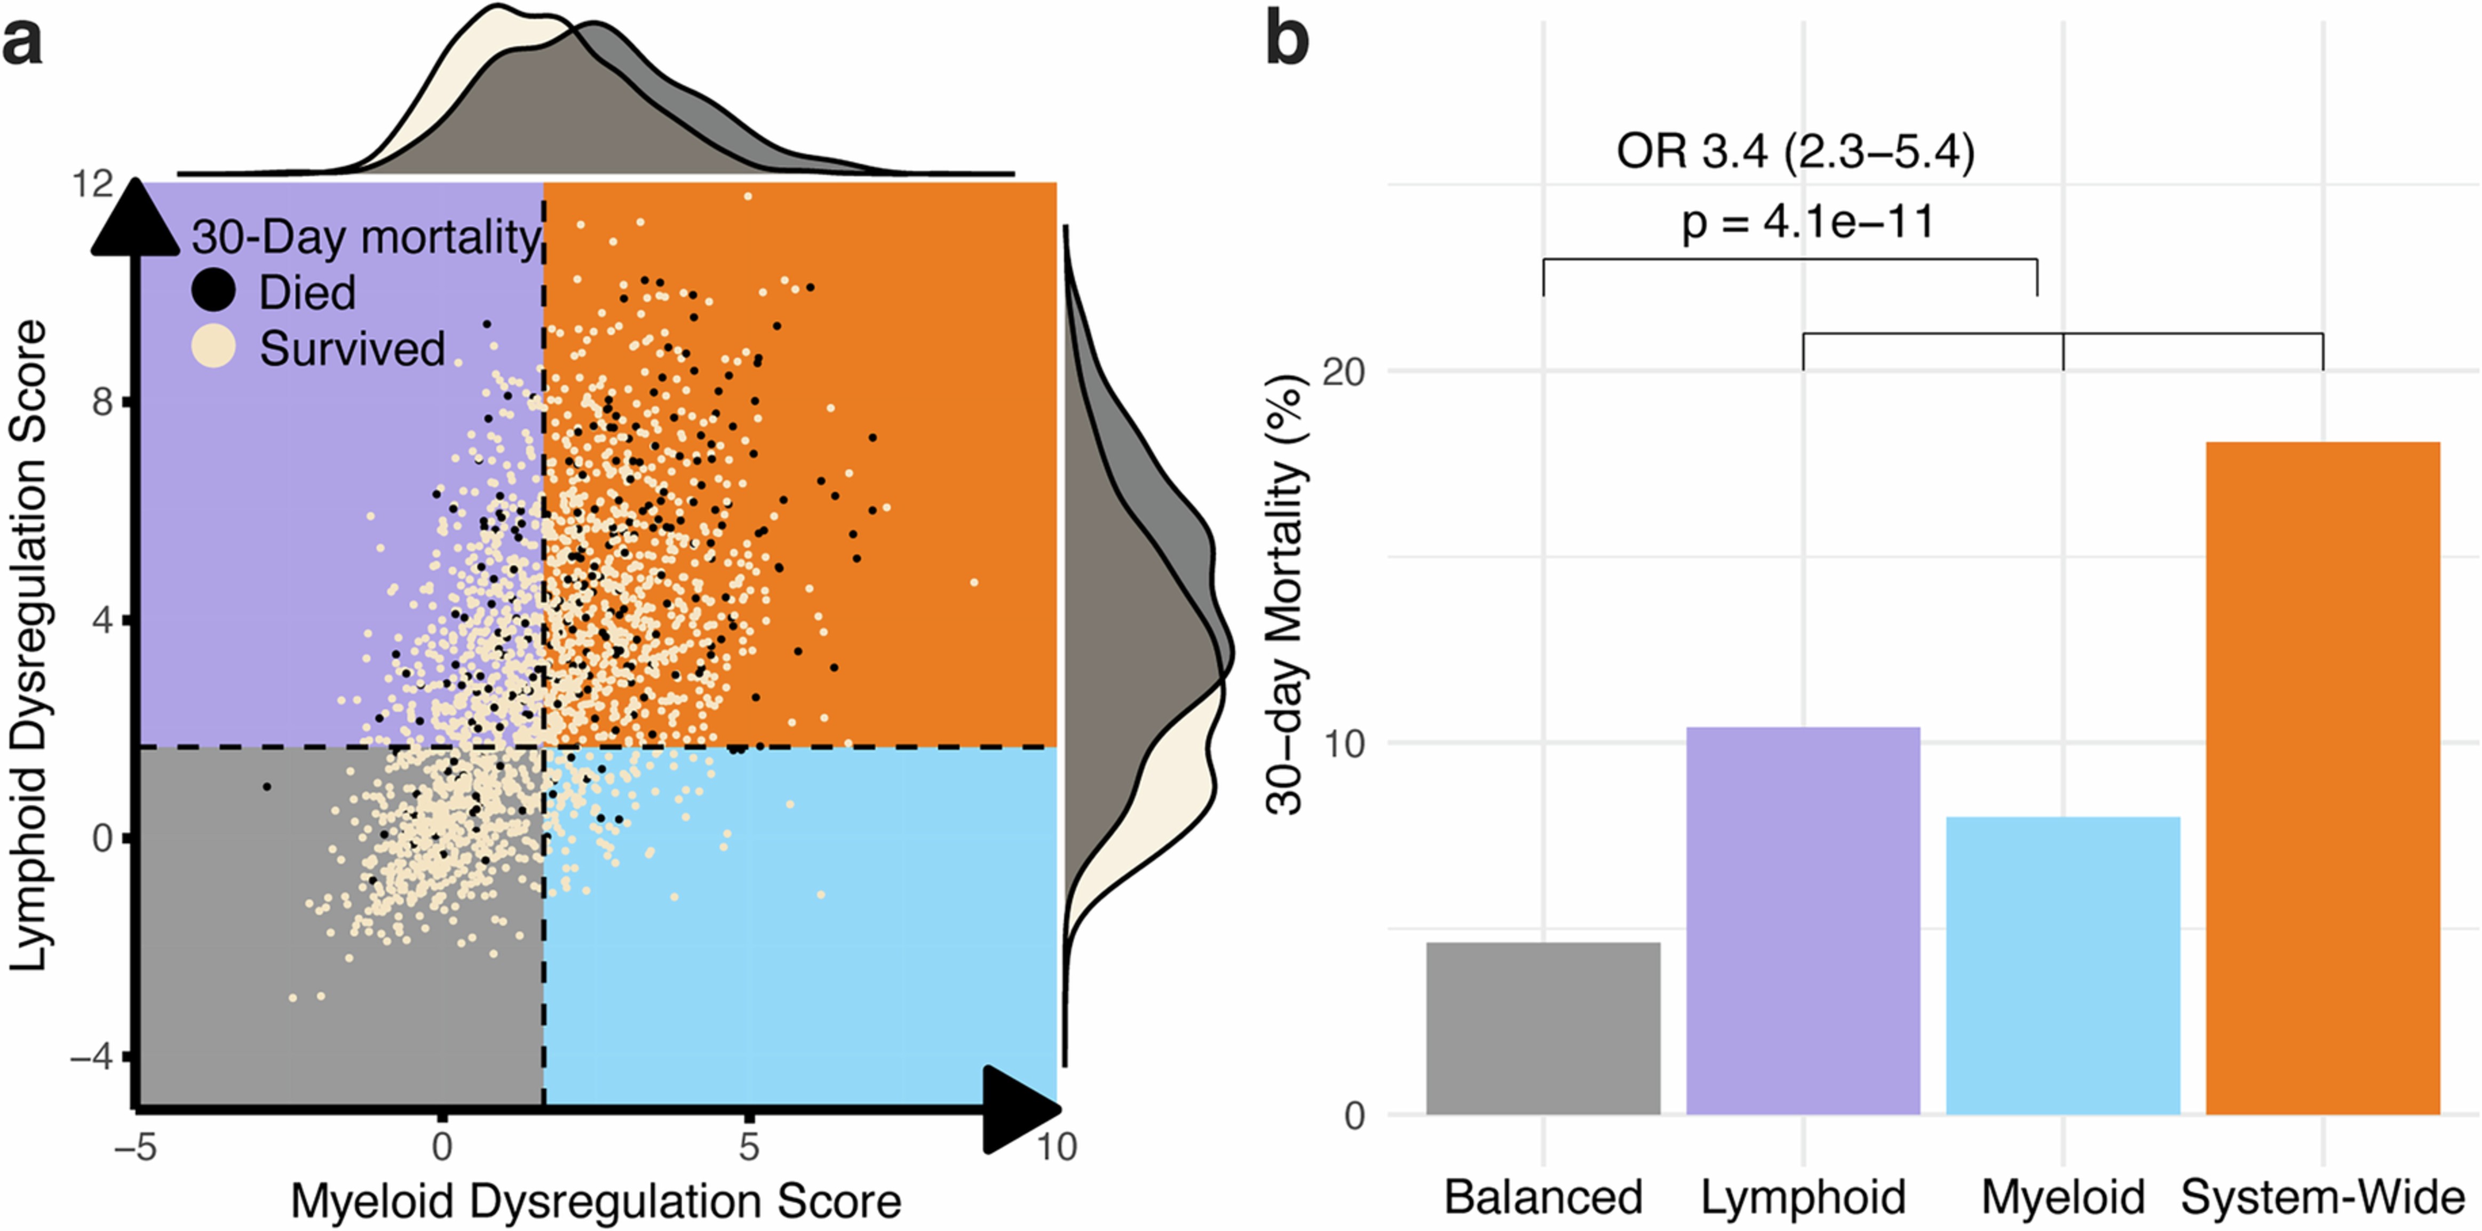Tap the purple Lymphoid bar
click(1803, 921)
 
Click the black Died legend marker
click(213, 290)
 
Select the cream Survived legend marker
click(213, 347)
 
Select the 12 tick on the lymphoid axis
click(92, 183)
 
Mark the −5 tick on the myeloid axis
click(135, 1147)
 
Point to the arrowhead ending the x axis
click(1021, 1110)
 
